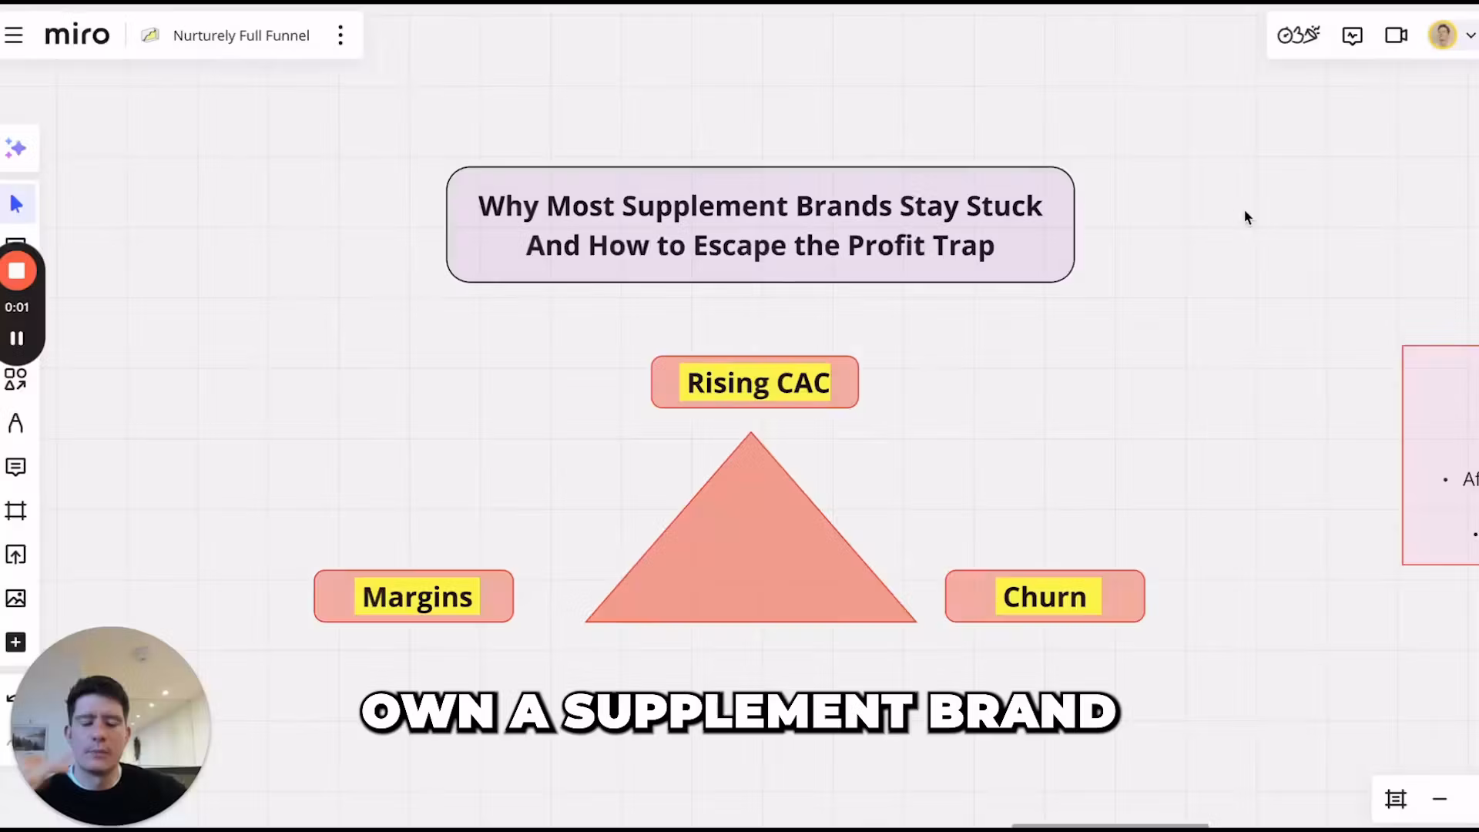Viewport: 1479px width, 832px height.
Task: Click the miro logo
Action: (x=77, y=35)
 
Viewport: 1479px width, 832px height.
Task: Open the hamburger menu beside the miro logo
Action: (x=14, y=35)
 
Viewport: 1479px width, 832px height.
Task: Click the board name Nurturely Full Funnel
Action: (x=241, y=35)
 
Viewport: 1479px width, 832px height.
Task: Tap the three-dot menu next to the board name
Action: (x=340, y=35)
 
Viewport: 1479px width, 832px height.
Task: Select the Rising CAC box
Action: (x=754, y=382)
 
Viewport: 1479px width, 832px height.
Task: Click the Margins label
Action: (x=417, y=597)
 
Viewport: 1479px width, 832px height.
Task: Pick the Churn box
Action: (x=1045, y=596)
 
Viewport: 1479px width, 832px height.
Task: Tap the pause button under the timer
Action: (x=17, y=338)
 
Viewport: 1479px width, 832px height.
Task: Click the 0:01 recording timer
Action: (x=17, y=307)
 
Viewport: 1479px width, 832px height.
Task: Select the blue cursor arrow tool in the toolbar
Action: (x=17, y=204)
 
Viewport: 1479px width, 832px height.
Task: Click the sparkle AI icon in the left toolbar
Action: (x=15, y=148)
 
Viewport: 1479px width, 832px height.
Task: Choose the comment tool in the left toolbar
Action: (x=15, y=467)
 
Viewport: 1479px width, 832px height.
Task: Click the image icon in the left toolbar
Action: (x=15, y=599)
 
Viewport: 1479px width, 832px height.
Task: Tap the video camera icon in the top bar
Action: (x=1396, y=35)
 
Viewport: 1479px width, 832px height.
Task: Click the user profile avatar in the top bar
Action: (x=1442, y=35)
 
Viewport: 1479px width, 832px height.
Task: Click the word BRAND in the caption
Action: (x=1022, y=712)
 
